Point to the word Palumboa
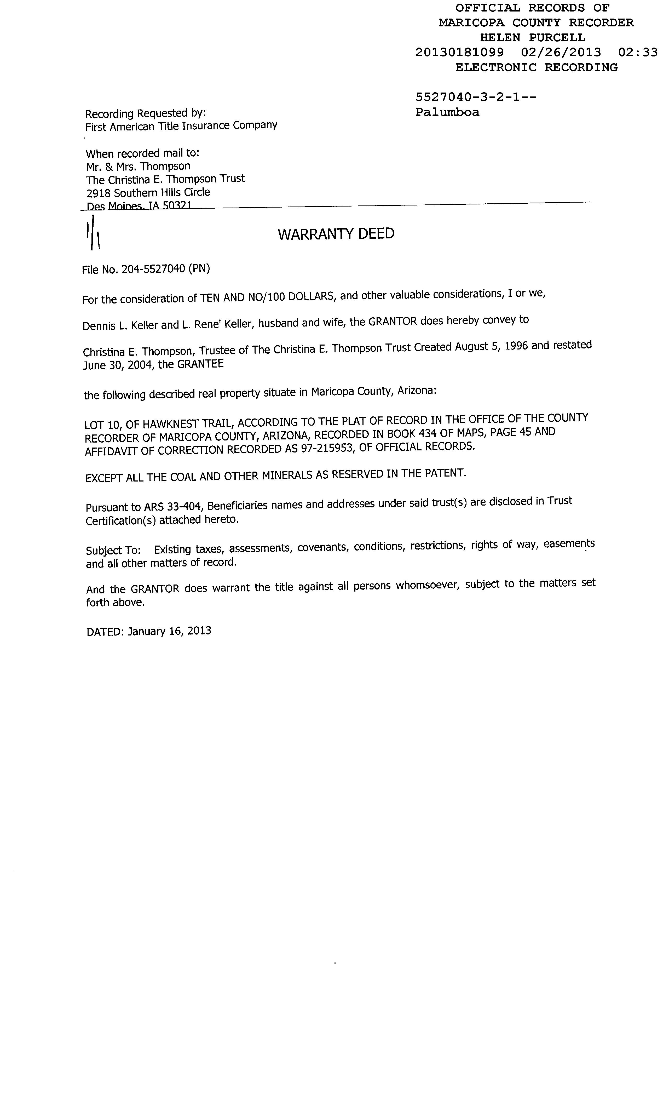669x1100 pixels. [447, 112]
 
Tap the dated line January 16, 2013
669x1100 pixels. [169, 631]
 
